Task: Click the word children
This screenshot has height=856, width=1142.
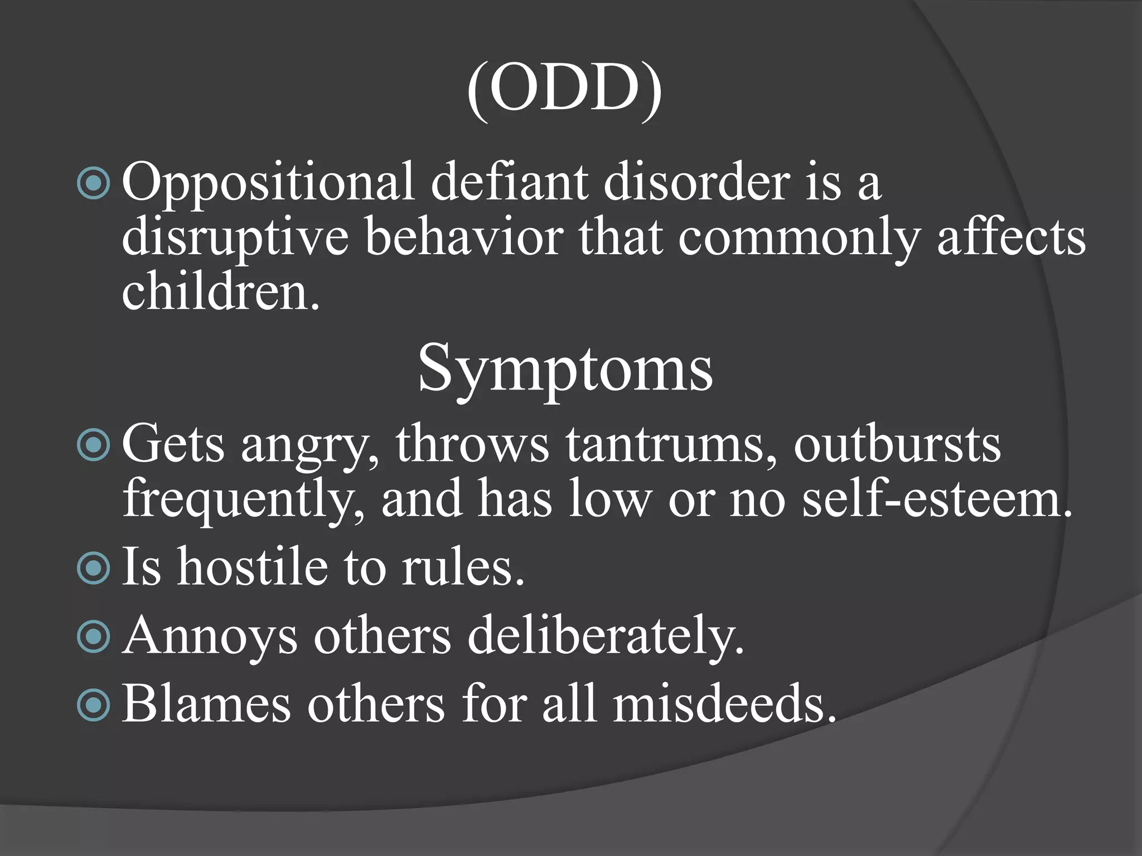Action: point(221,292)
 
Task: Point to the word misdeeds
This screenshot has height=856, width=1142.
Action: point(725,704)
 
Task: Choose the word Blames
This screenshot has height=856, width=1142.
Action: point(206,704)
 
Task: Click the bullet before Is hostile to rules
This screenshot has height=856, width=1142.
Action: point(94,568)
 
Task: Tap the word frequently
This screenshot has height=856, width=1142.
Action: point(243,499)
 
